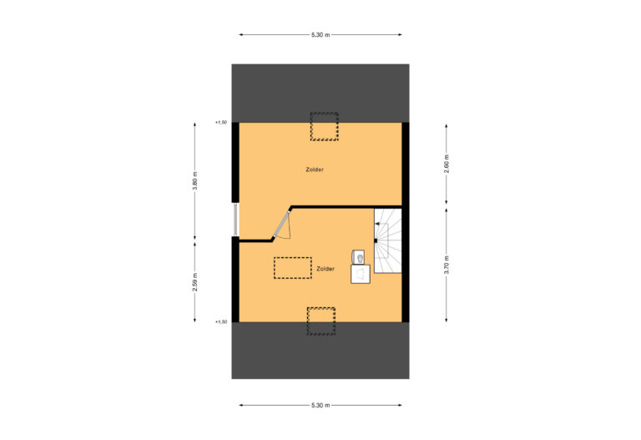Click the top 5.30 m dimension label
(320, 34)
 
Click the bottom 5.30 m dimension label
(320, 405)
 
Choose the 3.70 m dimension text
(447, 265)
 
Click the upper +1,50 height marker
(220, 123)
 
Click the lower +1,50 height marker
(220, 322)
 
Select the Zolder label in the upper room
(315, 169)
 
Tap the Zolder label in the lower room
(326, 269)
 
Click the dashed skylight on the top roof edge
(324, 126)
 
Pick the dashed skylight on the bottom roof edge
(320, 321)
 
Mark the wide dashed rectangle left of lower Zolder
(292, 268)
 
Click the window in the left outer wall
(235, 220)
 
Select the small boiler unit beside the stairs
(359, 255)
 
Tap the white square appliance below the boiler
(361, 273)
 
